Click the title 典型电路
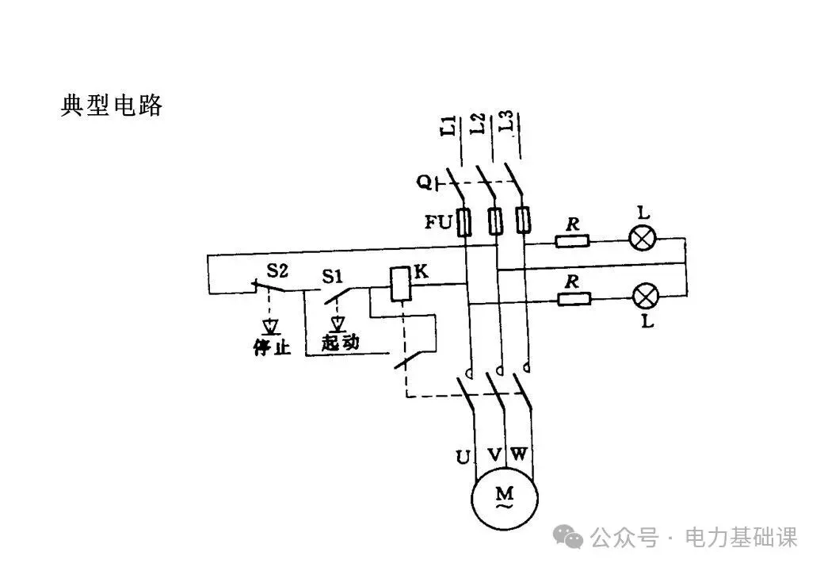(112, 105)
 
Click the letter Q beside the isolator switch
(425, 183)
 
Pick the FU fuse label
(439, 222)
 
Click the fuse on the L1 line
(466, 221)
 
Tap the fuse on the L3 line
(522, 220)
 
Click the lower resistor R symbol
(574, 299)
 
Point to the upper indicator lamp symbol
(642, 237)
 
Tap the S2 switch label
(277, 271)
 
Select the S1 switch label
(333, 277)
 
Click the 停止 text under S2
(271, 347)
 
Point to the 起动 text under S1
(341, 343)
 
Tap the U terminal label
(463, 457)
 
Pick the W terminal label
(519, 454)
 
